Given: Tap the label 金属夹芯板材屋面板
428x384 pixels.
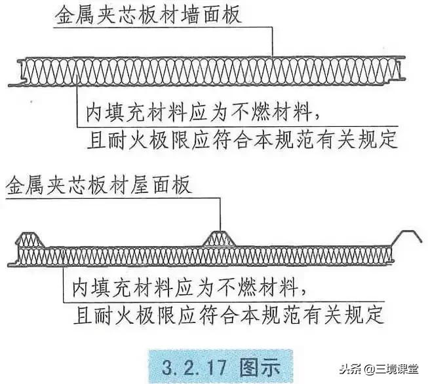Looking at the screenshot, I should click(98, 186).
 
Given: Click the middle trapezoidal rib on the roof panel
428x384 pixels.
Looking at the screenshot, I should click(220, 238).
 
